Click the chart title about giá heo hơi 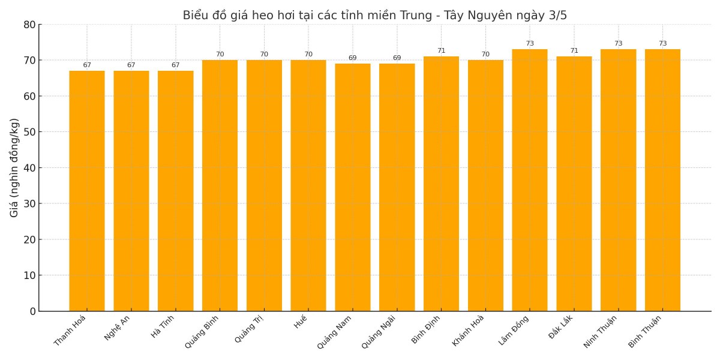coord(374,16)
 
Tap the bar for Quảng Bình coord(220,185)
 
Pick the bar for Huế coord(308,185)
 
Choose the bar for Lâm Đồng coord(530,180)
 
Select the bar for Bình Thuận coord(662,180)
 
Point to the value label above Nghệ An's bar coord(131,65)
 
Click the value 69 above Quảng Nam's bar coord(353,58)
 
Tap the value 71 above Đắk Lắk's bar coord(574,51)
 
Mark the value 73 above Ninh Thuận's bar coord(618,44)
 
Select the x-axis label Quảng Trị coord(249,329)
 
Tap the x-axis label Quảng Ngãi coord(379,331)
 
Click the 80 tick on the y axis coord(29,25)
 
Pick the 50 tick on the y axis coord(29,132)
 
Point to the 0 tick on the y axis coord(32,311)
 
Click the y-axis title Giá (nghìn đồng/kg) coord(14,167)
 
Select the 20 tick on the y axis coord(29,239)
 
